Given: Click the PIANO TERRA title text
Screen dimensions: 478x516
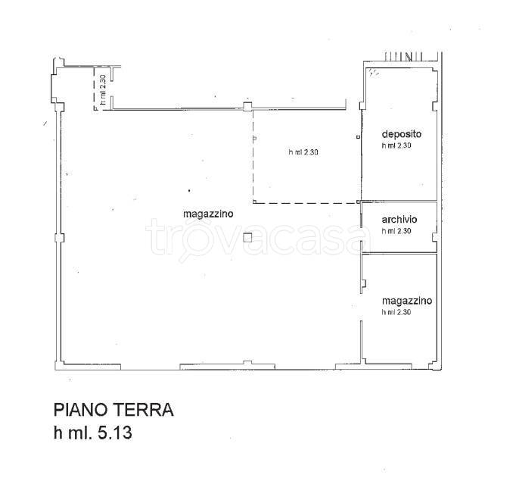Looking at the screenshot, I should click(x=113, y=411).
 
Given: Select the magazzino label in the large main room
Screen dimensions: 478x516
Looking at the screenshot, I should click(x=208, y=214).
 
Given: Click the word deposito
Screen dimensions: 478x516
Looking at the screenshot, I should click(x=401, y=134).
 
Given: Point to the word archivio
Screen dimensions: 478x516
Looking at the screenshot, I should click(x=399, y=220).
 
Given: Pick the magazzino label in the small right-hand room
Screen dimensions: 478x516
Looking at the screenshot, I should click(x=406, y=301).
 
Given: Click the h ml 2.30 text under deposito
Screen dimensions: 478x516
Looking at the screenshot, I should click(x=396, y=145).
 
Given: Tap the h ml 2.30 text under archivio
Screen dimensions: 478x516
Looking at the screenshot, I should click(x=396, y=231).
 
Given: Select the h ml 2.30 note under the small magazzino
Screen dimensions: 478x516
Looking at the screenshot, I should click(x=396, y=312).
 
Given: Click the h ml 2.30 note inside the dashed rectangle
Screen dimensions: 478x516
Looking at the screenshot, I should click(x=303, y=152).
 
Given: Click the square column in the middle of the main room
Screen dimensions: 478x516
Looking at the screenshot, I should click(x=247, y=238).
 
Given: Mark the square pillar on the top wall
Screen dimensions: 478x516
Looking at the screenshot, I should click(x=247, y=107).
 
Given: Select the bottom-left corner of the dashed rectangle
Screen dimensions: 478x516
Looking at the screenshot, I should click(x=253, y=202).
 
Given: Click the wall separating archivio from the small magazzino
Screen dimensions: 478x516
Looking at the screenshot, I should click(x=399, y=253).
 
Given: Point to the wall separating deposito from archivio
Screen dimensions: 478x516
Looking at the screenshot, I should click(x=399, y=202).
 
